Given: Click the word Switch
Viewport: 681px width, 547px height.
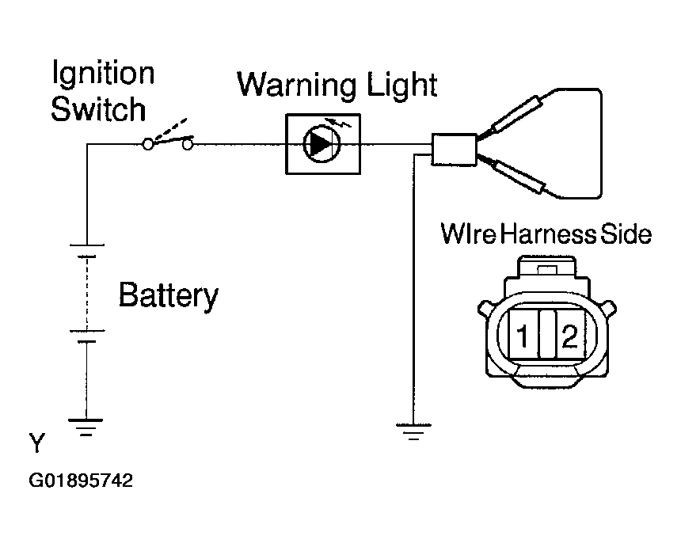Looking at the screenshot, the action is [x=98, y=109].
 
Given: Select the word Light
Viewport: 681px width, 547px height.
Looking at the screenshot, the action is [x=402, y=85].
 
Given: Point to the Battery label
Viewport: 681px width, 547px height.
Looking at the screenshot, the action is [x=169, y=295].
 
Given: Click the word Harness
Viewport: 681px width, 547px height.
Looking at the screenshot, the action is [x=549, y=234].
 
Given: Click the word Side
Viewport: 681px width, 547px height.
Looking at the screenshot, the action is [x=626, y=234].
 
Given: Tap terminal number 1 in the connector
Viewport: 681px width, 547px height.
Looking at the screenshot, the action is [x=522, y=336].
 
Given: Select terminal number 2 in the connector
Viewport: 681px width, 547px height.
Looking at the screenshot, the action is [x=570, y=336].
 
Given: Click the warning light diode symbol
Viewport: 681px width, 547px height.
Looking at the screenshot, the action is [x=321, y=144].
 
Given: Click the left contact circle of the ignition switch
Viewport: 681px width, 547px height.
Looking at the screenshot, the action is [x=148, y=144].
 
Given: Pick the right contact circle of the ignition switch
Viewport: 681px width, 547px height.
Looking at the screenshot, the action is [x=187, y=144].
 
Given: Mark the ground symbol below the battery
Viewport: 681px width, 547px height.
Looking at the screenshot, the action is [x=86, y=427].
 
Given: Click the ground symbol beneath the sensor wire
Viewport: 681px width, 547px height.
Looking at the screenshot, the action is [x=413, y=431].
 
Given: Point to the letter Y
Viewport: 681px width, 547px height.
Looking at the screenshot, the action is [x=37, y=443].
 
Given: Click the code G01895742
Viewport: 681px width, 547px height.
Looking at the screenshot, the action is [x=81, y=481].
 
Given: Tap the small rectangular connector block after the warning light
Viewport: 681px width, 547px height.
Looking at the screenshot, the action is [x=454, y=150].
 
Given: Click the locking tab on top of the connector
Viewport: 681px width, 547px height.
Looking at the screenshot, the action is [x=547, y=270].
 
